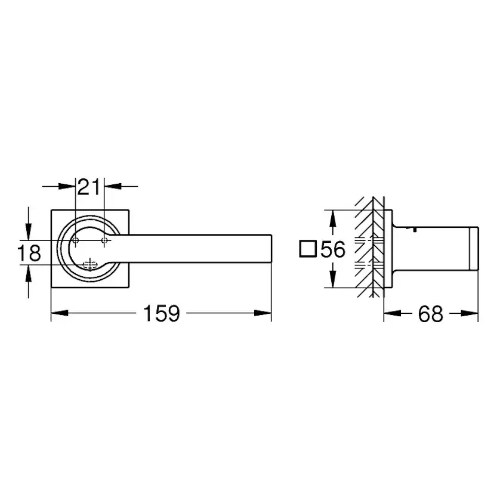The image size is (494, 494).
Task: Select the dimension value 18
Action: (29, 253)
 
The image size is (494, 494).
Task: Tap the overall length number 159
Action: (161, 313)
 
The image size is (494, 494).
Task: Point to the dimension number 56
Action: (332, 249)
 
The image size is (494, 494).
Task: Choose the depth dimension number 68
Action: (431, 313)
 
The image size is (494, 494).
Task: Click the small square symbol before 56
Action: (308, 249)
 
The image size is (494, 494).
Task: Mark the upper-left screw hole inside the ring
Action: (76, 240)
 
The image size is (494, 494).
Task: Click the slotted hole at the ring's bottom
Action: (90, 264)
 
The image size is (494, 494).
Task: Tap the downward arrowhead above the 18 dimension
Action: (28, 233)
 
